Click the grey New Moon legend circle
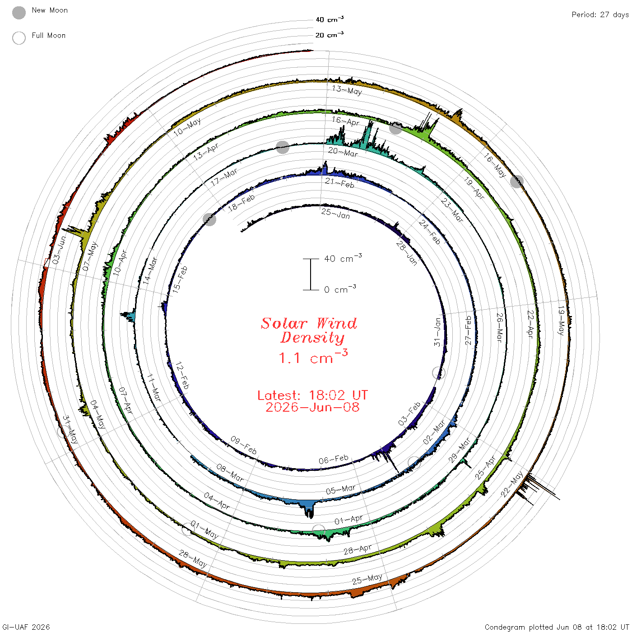[19, 13]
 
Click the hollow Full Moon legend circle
[19, 38]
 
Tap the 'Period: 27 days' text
[600, 15]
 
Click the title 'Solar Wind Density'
[309, 330]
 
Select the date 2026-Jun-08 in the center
[312, 407]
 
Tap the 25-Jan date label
[335, 214]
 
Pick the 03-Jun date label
[59, 250]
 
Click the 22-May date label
[511, 484]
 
